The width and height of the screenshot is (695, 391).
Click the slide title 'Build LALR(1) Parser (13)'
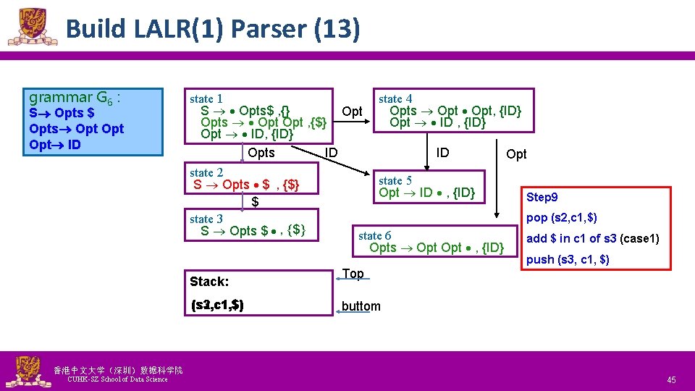(212, 29)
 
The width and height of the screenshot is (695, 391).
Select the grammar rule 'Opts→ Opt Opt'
(77, 129)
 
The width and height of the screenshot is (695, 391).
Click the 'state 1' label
(206, 98)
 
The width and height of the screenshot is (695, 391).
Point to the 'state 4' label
(395, 98)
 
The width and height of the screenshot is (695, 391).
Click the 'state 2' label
(206, 172)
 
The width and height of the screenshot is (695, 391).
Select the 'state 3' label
(206, 219)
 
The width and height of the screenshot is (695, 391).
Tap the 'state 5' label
(395, 180)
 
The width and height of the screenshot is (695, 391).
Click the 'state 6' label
(374, 235)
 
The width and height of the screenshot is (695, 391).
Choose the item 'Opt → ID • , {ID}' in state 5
(426, 193)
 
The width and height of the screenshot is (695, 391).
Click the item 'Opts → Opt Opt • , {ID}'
(436, 248)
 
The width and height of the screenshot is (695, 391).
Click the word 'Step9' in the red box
(542, 198)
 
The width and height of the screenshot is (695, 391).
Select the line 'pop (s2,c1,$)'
(561, 218)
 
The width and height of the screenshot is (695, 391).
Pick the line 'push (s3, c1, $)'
(567, 259)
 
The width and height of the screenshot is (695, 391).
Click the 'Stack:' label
(209, 281)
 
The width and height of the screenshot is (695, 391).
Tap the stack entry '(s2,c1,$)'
(216, 306)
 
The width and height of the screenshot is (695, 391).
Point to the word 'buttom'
(361, 306)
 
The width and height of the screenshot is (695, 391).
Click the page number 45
(671, 380)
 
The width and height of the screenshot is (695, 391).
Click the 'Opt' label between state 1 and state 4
(352, 112)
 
